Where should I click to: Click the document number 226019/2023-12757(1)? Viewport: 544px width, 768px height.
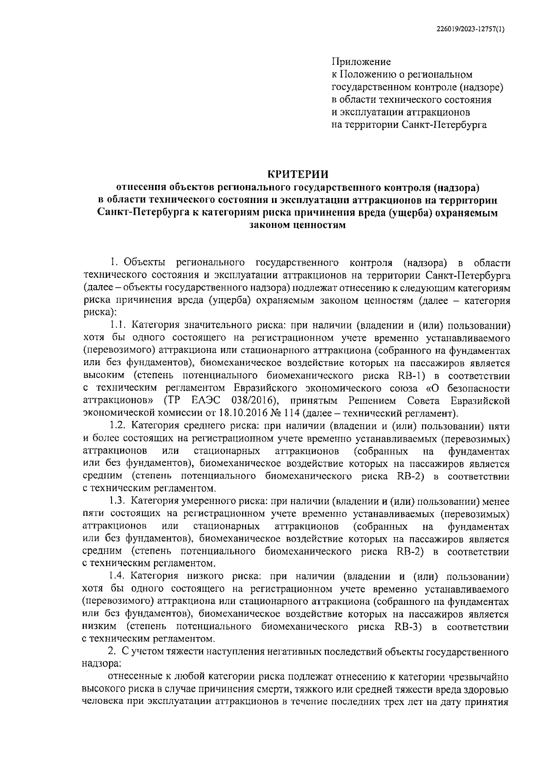click(470, 29)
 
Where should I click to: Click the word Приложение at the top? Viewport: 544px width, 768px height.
click(361, 62)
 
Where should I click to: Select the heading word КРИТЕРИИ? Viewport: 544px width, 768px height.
click(297, 174)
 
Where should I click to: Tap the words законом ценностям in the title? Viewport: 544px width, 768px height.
click(297, 225)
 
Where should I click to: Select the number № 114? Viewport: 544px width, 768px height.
click(289, 413)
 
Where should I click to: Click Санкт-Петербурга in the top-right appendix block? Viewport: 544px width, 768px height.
click(444, 125)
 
